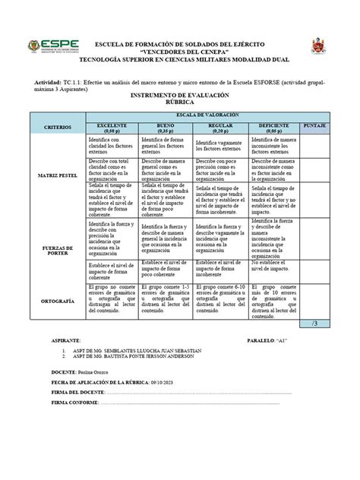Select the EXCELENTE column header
coord(112,126)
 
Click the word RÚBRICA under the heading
coord(180,104)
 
